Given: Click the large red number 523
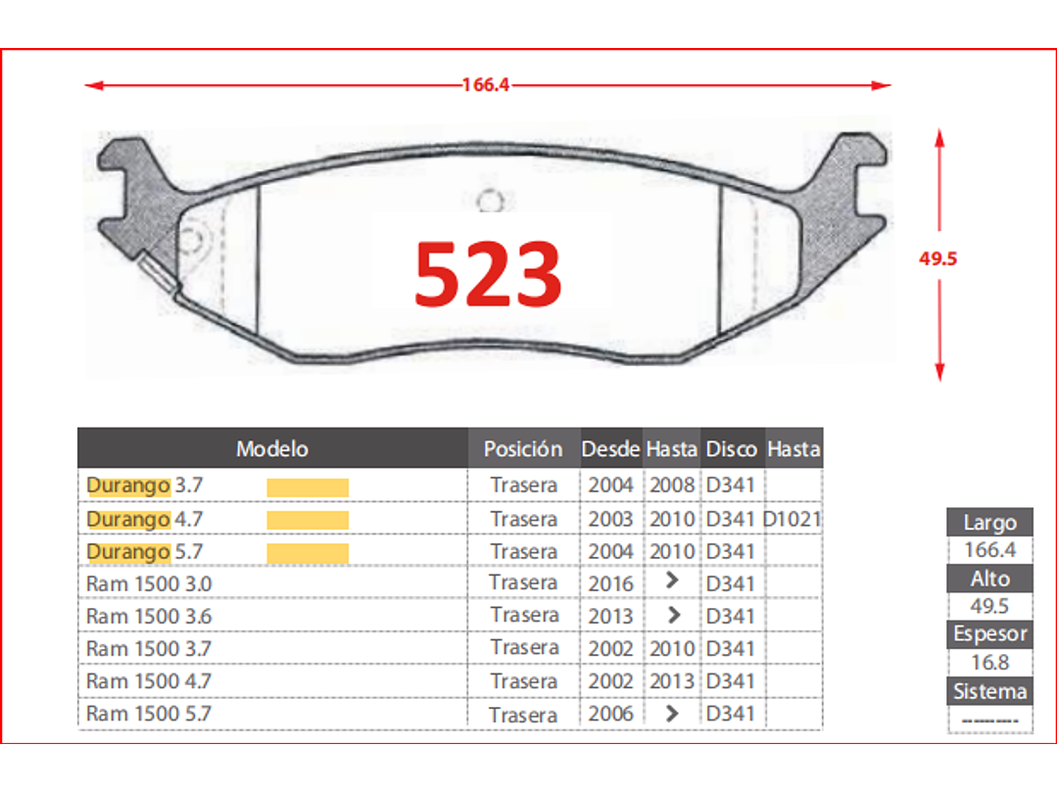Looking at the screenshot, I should (488, 275).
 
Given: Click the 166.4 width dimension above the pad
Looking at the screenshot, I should (486, 85).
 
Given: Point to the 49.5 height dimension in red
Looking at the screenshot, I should (937, 259).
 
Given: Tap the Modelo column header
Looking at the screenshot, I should (272, 449).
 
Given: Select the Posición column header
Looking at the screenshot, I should (523, 449).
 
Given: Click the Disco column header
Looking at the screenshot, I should (732, 449).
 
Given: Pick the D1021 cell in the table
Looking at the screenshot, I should (793, 519).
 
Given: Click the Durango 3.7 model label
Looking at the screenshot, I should (144, 486).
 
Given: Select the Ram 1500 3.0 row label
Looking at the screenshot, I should (149, 584).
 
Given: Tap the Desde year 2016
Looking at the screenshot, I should (610, 584).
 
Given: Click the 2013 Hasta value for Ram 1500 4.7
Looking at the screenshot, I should (671, 681).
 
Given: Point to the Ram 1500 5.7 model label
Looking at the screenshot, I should (149, 714).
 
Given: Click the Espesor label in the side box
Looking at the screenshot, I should (989, 634).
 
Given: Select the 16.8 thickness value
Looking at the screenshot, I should (989, 663).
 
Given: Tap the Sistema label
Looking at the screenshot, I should (989, 692).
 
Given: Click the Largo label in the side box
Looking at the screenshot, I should (989, 523).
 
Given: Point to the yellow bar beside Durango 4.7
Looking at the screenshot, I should (308, 520).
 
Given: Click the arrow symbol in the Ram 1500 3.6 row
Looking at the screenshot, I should (672, 616).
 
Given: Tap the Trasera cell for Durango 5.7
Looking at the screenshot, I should (524, 552).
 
